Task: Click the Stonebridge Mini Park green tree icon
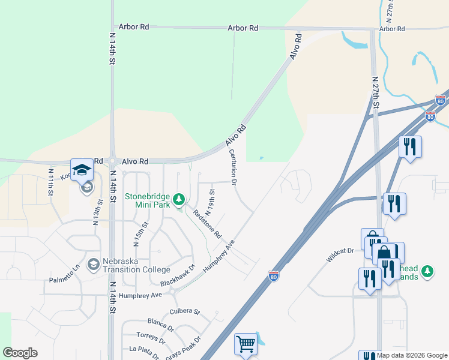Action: click(178, 199)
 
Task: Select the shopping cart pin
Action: click(246, 344)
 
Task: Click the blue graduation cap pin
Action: click(82, 170)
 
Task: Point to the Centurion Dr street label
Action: click(234, 166)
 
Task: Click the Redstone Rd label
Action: click(207, 223)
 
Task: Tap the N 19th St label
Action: click(211, 202)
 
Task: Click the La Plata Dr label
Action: click(144, 352)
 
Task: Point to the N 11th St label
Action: click(51, 180)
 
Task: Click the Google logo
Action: click(20, 353)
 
